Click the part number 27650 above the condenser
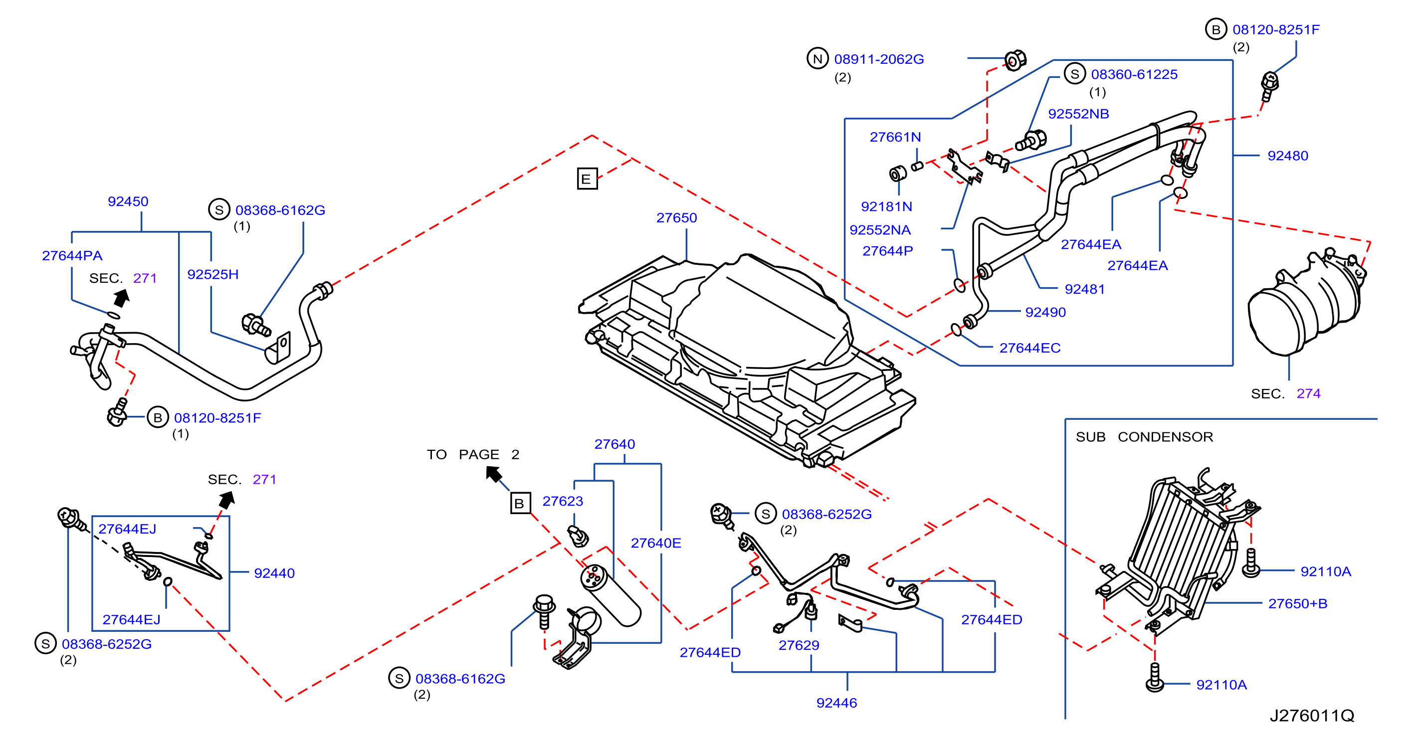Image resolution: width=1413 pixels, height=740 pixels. tap(676, 218)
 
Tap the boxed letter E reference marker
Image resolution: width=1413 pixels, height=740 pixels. tap(587, 179)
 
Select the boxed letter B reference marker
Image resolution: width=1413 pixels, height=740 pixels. tap(520, 503)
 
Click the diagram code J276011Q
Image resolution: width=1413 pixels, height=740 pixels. tap(1312, 715)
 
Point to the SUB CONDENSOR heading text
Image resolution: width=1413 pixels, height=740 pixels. tap(1144, 437)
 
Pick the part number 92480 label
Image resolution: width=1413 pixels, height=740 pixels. tap(1287, 156)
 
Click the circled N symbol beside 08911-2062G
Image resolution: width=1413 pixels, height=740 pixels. tap(817, 59)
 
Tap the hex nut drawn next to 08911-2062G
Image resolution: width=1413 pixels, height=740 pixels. tap(1015, 60)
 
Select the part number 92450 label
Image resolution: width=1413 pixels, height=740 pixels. tap(128, 201)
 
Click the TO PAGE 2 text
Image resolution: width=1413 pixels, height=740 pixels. tap(473, 454)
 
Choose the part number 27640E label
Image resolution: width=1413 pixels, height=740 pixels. tap(655, 543)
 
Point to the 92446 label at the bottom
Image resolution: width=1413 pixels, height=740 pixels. tap(836, 703)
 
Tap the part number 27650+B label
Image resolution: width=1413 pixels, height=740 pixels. tap(1297, 603)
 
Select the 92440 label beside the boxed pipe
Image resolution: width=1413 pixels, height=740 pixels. tap(274, 573)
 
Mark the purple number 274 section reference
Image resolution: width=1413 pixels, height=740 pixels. tap(1308, 393)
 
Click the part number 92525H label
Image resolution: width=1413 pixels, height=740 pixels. tap(213, 274)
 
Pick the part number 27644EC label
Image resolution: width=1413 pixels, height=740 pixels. tap(1029, 348)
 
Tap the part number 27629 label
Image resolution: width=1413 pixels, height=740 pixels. tap(799, 645)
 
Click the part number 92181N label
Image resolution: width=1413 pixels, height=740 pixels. tap(886, 206)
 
